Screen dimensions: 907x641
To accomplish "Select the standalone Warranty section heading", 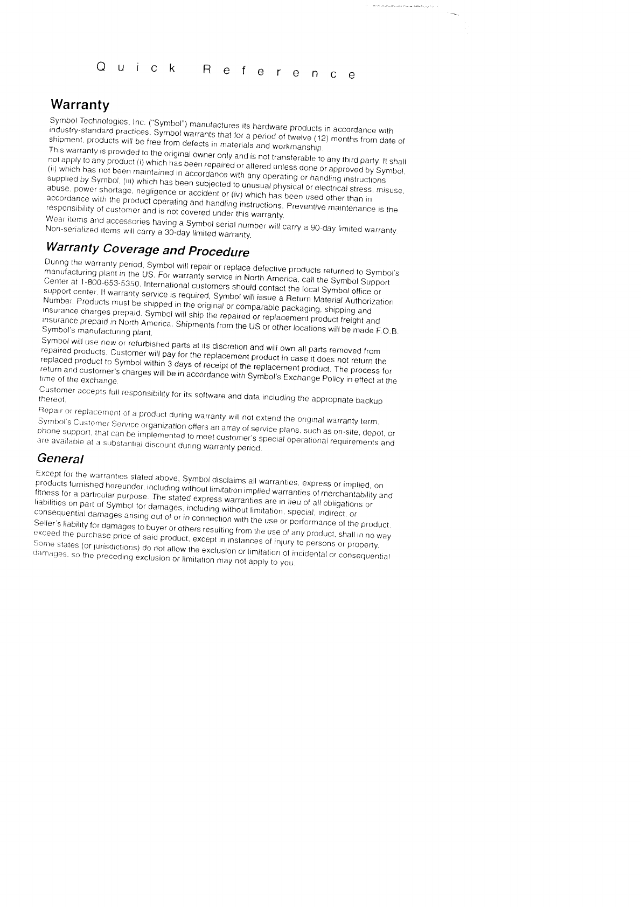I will pyautogui.click(x=80, y=105).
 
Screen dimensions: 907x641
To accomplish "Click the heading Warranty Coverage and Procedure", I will pyautogui.click(x=148, y=249).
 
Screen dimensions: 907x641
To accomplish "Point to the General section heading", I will pyautogui.click(x=60, y=459).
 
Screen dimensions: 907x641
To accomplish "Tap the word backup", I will pyautogui.click(x=370, y=401).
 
